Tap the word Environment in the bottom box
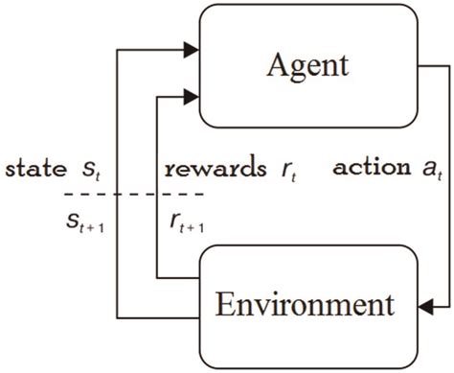tap(304, 307)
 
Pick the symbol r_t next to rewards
tap(287, 171)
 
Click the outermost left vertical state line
tap(115, 182)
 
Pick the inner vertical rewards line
tap(157, 182)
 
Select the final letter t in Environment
tap(388, 308)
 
